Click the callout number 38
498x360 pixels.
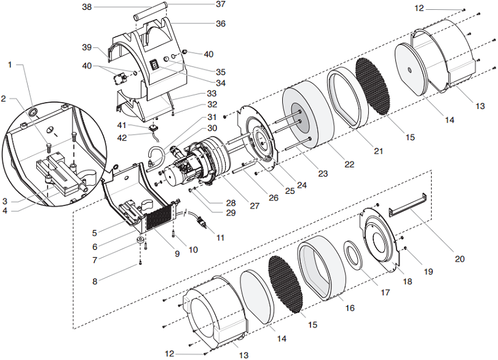tap(87, 7)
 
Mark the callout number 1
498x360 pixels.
tap(10, 65)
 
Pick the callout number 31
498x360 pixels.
tap(211, 117)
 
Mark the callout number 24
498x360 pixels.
tap(300, 183)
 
